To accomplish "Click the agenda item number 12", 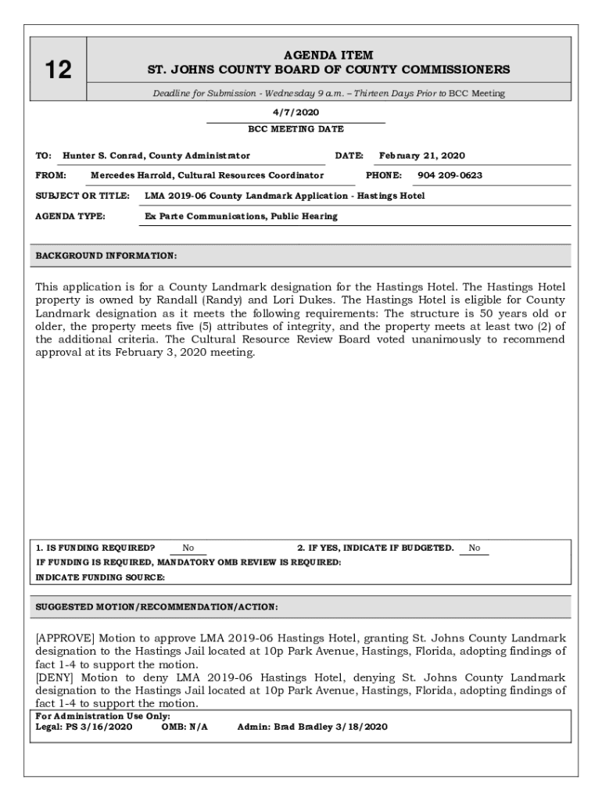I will pyautogui.click(x=59, y=70).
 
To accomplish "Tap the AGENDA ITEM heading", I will pyautogui.click(x=328, y=55).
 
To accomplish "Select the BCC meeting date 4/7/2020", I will pyautogui.click(x=296, y=113).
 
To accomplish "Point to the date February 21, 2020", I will pyautogui.click(x=421, y=156).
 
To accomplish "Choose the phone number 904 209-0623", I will pyautogui.click(x=450, y=175).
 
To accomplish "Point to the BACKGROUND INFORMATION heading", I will pyautogui.click(x=106, y=256).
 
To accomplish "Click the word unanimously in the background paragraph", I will pyautogui.click(x=441, y=339).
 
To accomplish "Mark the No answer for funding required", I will pyautogui.click(x=188, y=548).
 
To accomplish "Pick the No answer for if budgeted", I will pyautogui.click(x=475, y=548).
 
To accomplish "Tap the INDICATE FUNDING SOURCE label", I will pyautogui.click(x=101, y=577).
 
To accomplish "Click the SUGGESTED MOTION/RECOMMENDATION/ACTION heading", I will pyautogui.click(x=156, y=607).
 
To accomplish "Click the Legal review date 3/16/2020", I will pyautogui.click(x=105, y=727).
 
